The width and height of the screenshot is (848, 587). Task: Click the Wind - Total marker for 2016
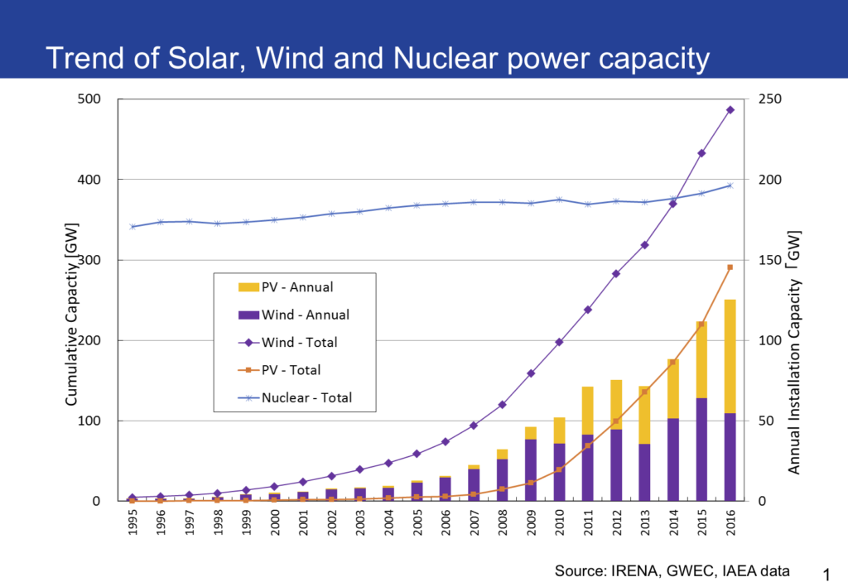[730, 109]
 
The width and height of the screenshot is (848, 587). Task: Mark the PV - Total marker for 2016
[730, 267]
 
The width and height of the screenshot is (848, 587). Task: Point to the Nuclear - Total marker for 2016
[730, 185]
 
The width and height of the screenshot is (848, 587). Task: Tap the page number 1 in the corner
[825, 573]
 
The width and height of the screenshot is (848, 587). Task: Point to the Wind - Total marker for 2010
[559, 342]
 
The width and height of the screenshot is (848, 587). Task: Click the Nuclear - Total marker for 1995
[132, 227]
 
